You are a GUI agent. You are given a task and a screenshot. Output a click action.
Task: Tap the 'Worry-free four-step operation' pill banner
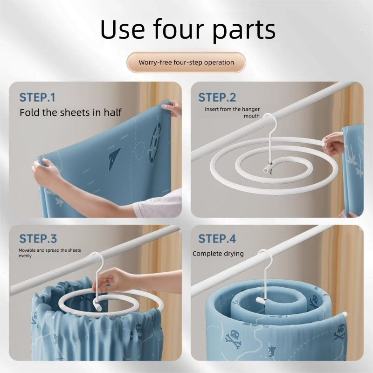(x=186, y=62)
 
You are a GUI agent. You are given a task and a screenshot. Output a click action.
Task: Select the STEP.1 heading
(x=37, y=97)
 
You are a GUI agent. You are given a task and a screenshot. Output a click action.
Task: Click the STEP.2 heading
(x=217, y=97)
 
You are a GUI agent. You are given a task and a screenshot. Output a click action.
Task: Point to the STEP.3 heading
(x=38, y=239)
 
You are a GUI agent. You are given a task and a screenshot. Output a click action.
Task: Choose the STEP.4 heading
(x=217, y=239)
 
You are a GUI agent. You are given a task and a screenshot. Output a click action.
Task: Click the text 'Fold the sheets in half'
(x=71, y=112)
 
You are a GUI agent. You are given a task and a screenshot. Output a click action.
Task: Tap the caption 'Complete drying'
(x=218, y=254)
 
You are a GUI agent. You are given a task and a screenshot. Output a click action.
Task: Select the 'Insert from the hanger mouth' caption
(x=232, y=112)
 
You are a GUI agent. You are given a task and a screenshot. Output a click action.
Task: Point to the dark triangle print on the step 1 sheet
(x=114, y=157)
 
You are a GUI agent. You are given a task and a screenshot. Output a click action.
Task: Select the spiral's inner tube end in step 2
(x=267, y=169)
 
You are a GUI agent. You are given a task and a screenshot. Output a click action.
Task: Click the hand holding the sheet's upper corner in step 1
(x=172, y=108)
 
